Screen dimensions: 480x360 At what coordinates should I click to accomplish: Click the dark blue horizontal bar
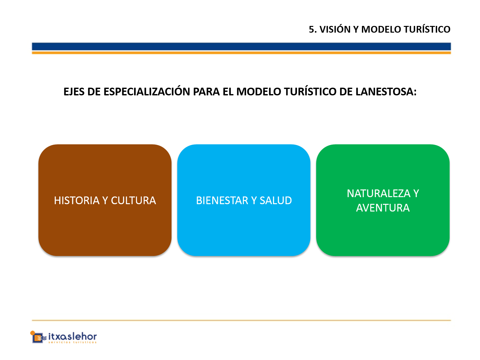241,46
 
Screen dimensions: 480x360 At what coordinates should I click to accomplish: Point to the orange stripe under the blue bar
241,53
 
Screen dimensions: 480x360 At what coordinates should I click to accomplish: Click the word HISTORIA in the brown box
77,200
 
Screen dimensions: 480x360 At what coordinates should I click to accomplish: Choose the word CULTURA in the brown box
133,200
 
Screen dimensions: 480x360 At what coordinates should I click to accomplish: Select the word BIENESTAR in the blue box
222,200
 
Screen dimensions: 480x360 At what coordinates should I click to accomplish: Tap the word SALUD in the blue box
276,200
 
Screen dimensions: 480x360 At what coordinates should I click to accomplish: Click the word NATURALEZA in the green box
378,194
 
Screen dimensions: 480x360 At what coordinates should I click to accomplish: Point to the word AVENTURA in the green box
383,208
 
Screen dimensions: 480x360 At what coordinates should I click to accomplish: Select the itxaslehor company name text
72,336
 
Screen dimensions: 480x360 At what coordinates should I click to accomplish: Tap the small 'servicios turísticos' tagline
72,342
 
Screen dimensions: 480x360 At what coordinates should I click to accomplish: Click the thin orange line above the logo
241,320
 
